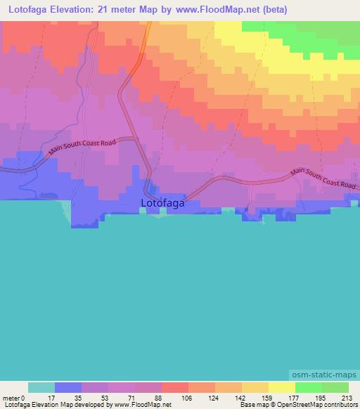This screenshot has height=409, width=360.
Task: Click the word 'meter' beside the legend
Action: [11, 398]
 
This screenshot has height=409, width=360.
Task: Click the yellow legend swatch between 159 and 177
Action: [282, 387]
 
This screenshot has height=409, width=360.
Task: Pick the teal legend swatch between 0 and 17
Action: [41, 387]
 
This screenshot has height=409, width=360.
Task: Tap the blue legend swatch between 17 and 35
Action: [68, 387]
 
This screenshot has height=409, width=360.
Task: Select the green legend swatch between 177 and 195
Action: [309, 387]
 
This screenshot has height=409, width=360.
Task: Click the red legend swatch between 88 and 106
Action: [175, 387]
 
